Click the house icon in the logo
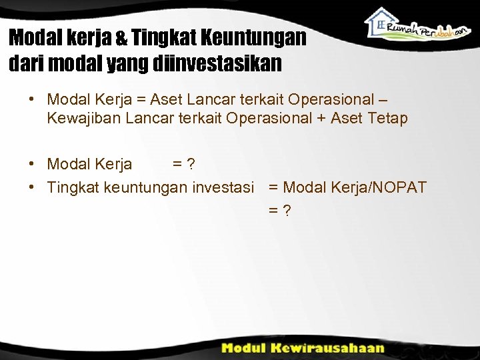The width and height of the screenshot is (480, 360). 381,21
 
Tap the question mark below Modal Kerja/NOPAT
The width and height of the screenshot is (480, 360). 286,210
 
